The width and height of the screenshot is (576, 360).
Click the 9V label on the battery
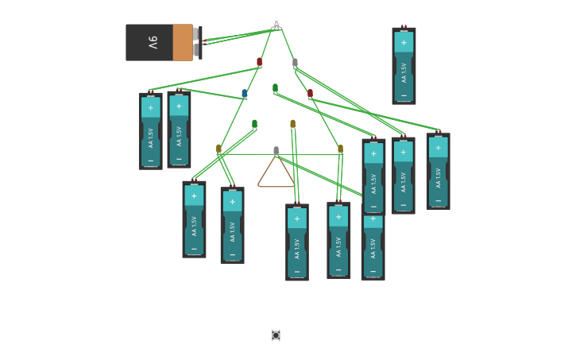tap(152, 42)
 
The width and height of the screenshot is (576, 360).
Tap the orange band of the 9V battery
tap(182, 42)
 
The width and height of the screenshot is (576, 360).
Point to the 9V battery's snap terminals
tap(197, 42)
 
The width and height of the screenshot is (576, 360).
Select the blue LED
tap(245, 94)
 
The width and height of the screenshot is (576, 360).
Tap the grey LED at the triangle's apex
tap(276, 150)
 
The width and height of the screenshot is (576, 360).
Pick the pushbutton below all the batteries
tap(276, 335)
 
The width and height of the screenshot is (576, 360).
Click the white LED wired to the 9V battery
tap(276, 23)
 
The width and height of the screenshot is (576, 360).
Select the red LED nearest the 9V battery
tap(259, 61)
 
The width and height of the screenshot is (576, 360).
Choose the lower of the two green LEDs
tap(254, 124)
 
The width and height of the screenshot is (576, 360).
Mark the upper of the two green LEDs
tap(275, 88)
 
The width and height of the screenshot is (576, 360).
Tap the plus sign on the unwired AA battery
tap(404, 43)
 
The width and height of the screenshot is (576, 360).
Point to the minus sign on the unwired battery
tap(404, 94)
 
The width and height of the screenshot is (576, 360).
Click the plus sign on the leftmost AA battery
tap(150, 108)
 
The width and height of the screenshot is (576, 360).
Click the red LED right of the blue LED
tap(310, 93)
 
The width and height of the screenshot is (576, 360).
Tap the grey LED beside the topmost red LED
tap(295, 62)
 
